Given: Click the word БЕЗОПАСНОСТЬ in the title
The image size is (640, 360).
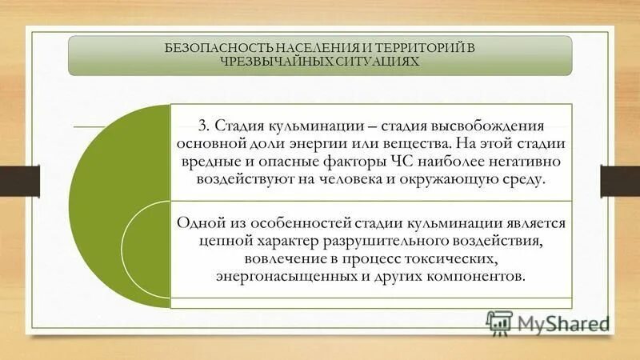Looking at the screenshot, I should pos(210,49).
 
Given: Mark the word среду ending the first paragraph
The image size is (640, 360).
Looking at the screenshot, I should pos(525,180).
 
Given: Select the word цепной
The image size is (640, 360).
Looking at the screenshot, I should pos(218,240).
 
